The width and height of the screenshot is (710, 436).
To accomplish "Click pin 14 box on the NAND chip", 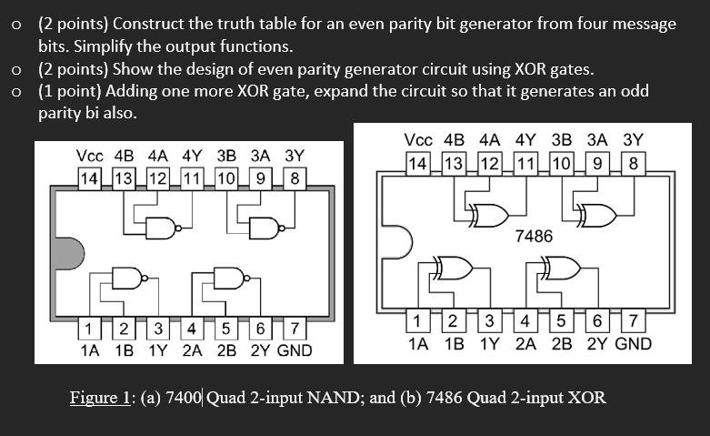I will click(90, 177).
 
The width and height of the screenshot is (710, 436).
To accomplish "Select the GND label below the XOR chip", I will click(634, 343).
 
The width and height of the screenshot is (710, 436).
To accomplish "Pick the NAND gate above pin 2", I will click(127, 278).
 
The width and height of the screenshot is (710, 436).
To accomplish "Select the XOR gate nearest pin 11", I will click(490, 215).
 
